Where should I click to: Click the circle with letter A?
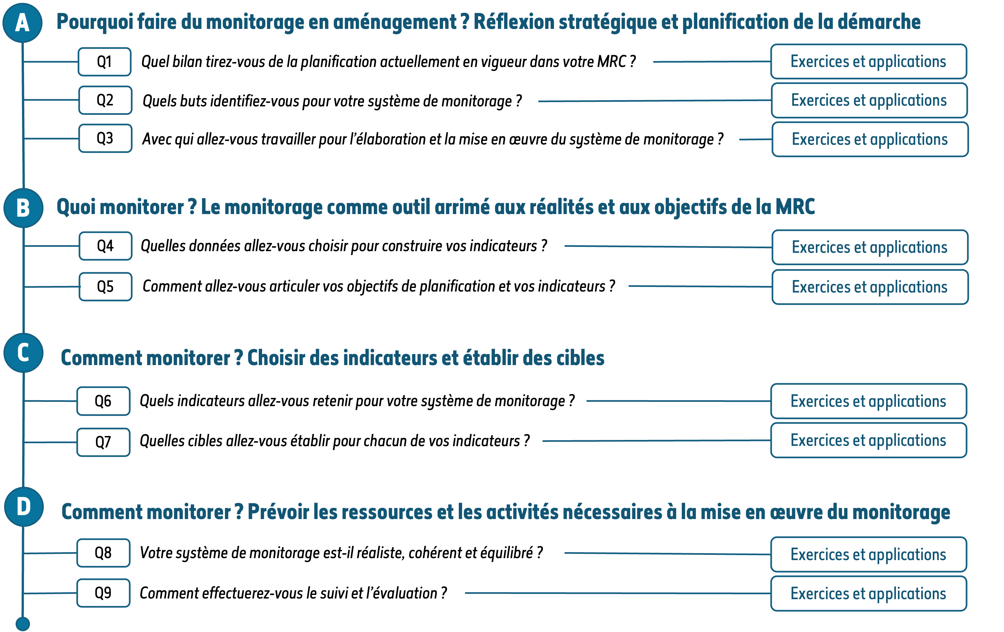coord(23,23)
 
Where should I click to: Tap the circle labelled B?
coord(23,207)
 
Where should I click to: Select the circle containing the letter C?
coord(23,353)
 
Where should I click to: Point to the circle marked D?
coord(24,507)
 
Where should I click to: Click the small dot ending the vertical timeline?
coord(23,624)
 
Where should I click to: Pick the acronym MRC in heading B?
coord(795,207)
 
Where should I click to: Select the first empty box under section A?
coord(105,62)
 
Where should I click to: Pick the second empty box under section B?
coord(105,286)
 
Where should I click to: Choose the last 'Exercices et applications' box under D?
coord(868,594)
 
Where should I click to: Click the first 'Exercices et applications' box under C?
coord(868,401)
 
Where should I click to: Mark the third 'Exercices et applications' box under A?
coord(870,139)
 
